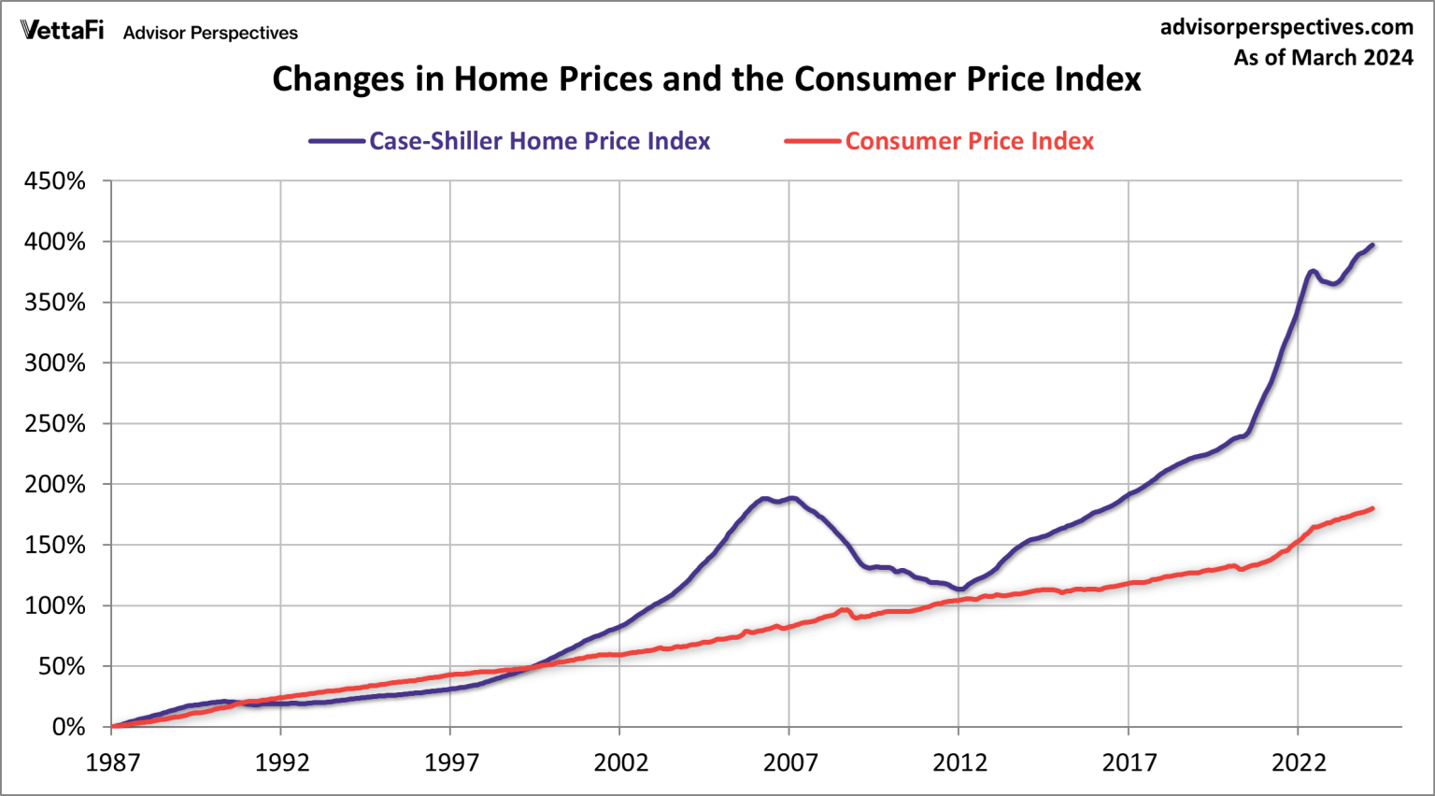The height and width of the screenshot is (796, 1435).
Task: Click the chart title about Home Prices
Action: coord(706,79)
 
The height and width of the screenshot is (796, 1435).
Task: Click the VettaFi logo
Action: coord(62,31)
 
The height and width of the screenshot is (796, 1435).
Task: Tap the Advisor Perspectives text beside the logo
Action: coord(210,33)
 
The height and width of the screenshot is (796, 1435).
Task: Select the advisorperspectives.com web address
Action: coord(1286,27)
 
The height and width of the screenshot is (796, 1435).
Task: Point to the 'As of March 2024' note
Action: coord(1323,58)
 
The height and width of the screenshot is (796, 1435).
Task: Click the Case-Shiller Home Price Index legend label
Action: coord(539,141)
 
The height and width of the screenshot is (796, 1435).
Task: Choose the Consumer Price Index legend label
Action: coord(969,141)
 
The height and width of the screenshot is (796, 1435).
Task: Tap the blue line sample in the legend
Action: coord(337,141)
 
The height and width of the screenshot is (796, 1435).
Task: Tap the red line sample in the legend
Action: coord(813,141)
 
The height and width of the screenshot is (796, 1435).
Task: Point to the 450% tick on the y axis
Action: coord(55,181)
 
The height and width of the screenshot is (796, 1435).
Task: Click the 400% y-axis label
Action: coord(55,242)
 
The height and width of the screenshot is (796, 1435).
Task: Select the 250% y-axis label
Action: coord(55,424)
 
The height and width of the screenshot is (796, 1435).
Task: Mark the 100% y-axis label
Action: coord(55,606)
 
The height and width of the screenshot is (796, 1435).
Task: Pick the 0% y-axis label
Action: coord(68,727)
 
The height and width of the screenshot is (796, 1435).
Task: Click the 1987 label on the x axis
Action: coord(112,763)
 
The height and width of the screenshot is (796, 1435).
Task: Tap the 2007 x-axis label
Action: coord(789,763)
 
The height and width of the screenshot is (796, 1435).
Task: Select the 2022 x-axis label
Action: coord(1299,763)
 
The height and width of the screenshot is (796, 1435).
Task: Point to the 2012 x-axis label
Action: coord(959,763)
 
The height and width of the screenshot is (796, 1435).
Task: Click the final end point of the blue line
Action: coord(1372,245)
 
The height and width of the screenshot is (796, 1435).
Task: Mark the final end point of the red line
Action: coord(1372,508)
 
